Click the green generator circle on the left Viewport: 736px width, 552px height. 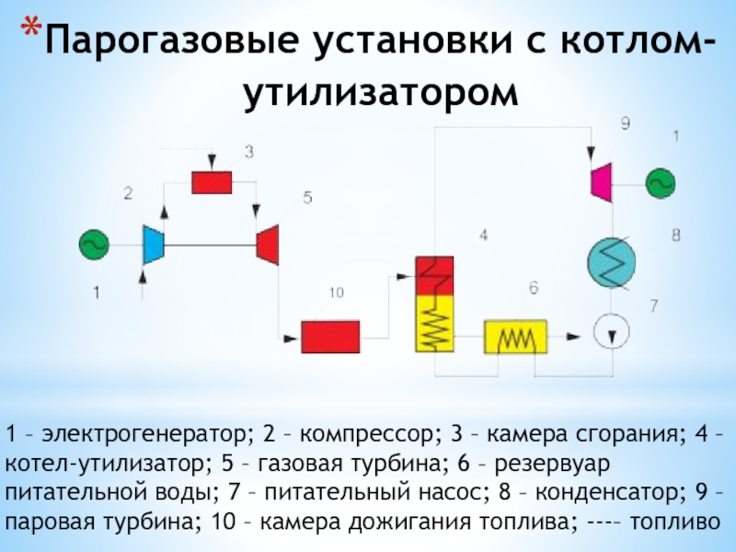tap(93, 244)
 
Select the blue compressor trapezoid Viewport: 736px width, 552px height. tap(153, 244)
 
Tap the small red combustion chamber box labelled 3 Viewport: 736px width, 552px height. tap(212, 182)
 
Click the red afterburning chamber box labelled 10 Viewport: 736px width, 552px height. tap(330, 336)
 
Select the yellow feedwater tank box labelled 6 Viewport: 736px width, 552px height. tap(515, 337)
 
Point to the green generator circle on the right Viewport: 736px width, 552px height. tap(661, 181)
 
